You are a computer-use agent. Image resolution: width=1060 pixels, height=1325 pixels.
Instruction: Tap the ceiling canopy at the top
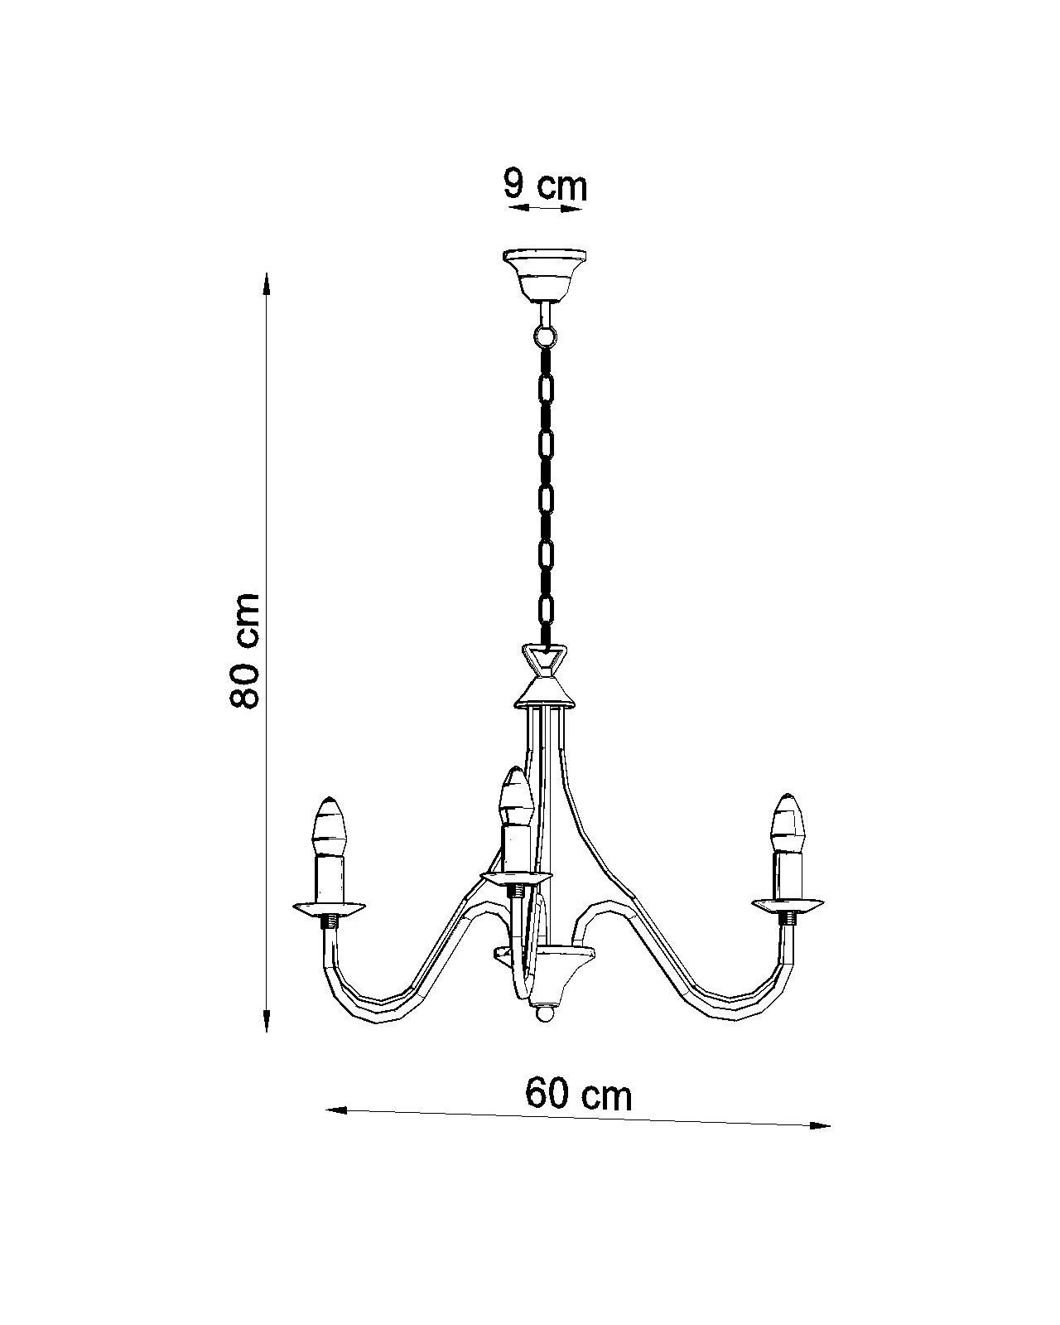[x=544, y=274]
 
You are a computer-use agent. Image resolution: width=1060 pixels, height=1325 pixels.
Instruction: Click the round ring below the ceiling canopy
[x=544, y=336]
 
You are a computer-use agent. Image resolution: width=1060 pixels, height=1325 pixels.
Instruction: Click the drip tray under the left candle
[x=330, y=907]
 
